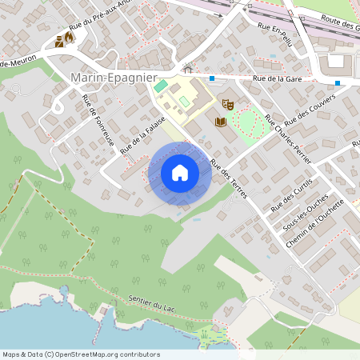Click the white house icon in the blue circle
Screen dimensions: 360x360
click(179, 172)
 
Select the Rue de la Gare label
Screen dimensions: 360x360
click(279, 78)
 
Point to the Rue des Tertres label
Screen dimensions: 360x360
click(228, 178)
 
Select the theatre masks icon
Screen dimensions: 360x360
click(227, 104)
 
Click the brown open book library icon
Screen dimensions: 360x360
click(221, 122)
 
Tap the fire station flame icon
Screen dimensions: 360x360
click(70, 38)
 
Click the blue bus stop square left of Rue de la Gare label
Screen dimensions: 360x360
click(212, 78)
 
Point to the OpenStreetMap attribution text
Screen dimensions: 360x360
click(82, 354)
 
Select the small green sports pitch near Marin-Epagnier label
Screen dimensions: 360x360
click(162, 85)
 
